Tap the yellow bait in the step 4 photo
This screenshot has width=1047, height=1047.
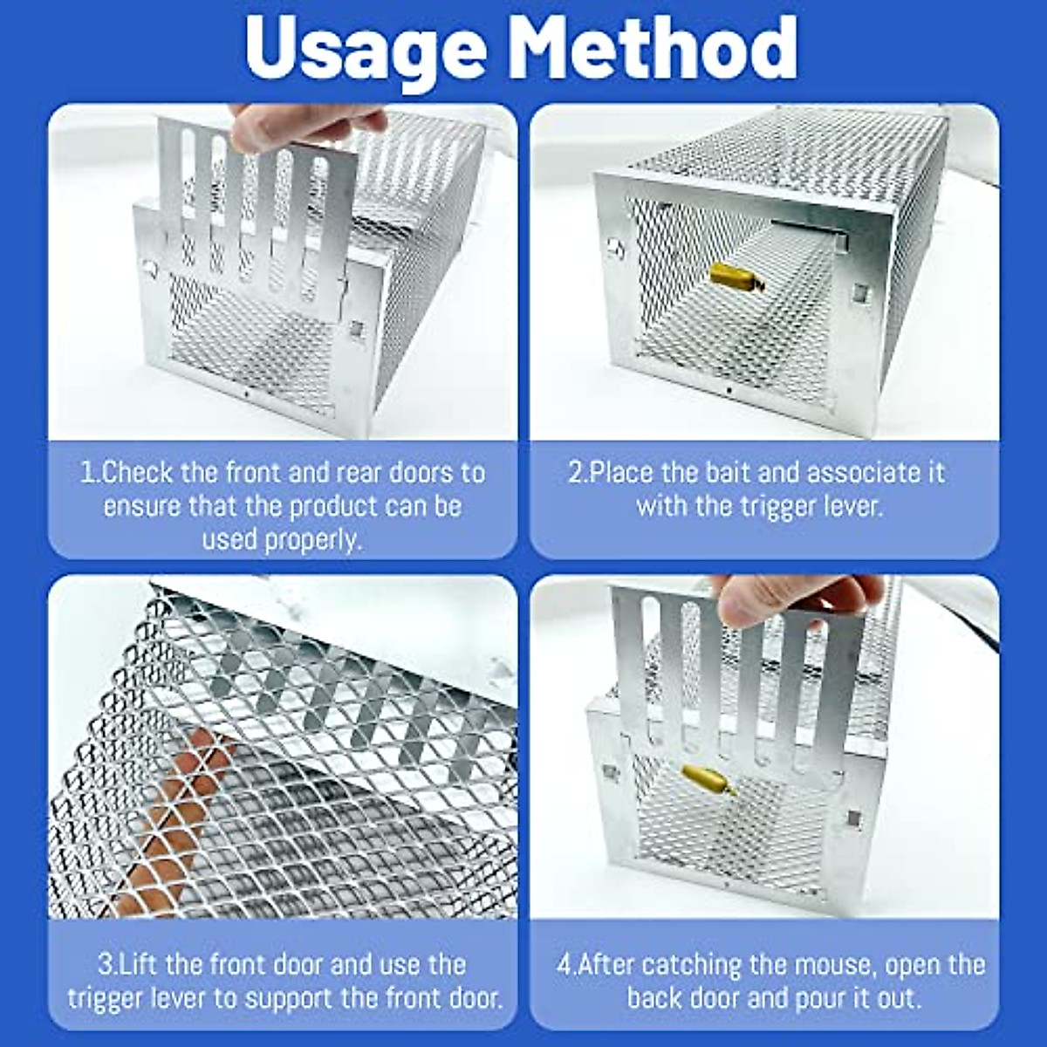(705, 778)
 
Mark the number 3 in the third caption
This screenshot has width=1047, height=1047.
(106, 965)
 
